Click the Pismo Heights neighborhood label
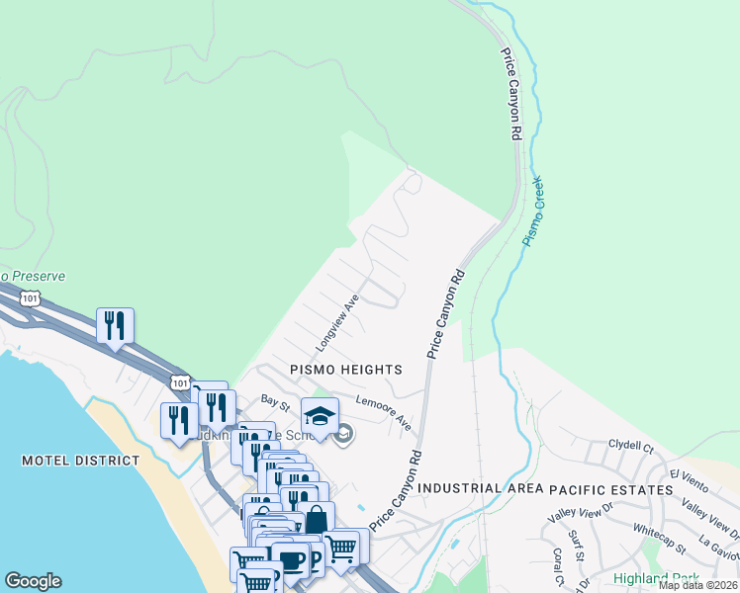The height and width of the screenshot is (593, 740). (x=345, y=370)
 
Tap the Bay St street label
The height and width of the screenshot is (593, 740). (x=274, y=401)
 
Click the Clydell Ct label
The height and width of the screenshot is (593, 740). (x=631, y=446)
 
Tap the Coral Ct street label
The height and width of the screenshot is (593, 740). (x=558, y=560)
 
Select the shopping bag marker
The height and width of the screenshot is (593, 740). (x=316, y=519)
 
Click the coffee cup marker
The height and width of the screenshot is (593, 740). (x=290, y=558)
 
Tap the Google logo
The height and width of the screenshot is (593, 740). (x=33, y=581)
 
